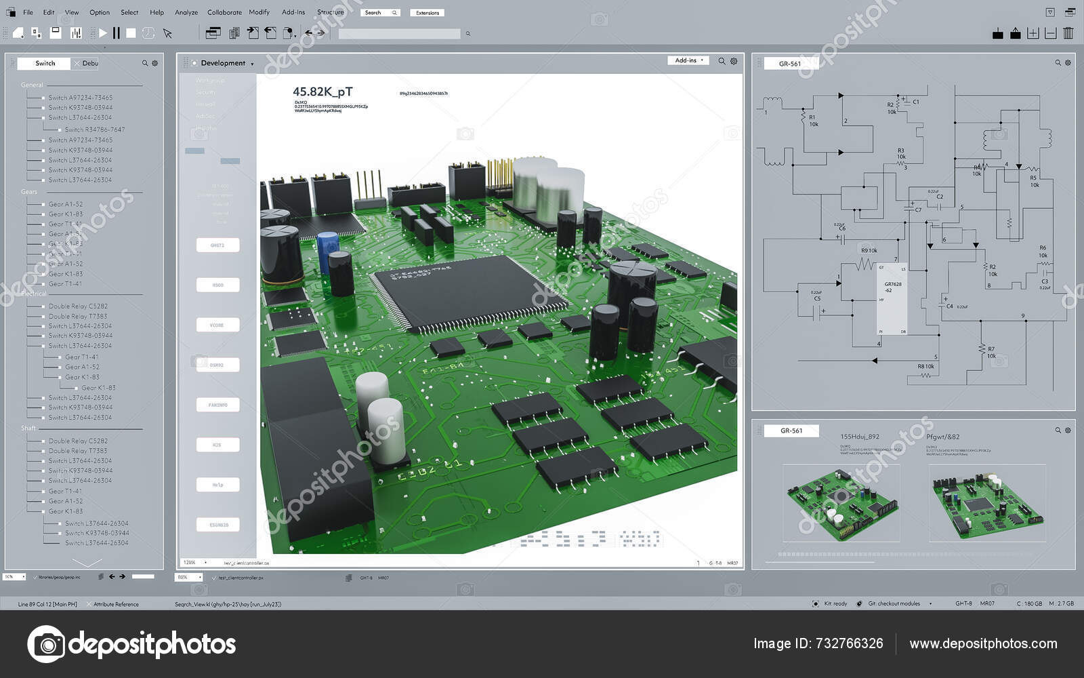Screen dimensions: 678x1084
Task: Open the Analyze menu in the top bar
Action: [x=186, y=12]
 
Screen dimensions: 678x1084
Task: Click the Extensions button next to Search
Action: [x=427, y=13]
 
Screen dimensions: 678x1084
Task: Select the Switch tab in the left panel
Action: [x=45, y=63]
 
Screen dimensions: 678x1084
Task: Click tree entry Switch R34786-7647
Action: [x=95, y=129]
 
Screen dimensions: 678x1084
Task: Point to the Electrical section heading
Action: [x=33, y=294]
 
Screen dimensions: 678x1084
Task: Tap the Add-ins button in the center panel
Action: [x=688, y=60]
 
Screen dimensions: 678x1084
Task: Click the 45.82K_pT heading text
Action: [x=322, y=92]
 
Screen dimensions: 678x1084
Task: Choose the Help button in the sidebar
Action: [x=217, y=485]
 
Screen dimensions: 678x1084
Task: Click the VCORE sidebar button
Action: [x=217, y=325]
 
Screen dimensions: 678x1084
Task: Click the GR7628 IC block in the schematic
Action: [x=892, y=297]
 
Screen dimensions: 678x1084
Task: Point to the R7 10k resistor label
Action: [x=991, y=352]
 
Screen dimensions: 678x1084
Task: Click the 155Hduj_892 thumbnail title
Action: [x=859, y=437]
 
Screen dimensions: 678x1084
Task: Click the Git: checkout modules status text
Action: [x=894, y=603]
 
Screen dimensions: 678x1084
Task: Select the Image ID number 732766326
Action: [x=847, y=643]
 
